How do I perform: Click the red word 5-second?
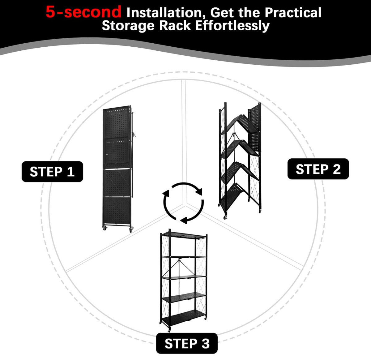pyautogui.click(x=83, y=12)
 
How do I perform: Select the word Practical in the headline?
pyautogui.click(x=293, y=13)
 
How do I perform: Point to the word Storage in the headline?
pyautogui.click(x=128, y=25)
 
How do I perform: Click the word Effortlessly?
pyautogui.click(x=232, y=26)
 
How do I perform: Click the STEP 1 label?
pyautogui.click(x=53, y=171)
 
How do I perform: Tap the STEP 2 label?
pyautogui.click(x=318, y=169)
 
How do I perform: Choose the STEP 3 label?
pyautogui.click(x=187, y=344)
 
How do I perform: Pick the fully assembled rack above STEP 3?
pyautogui.click(x=184, y=280)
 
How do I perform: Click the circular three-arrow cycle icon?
pyautogui.click(x=183, y=203)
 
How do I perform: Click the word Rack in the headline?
pyautogui.click(x=175, y=25)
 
